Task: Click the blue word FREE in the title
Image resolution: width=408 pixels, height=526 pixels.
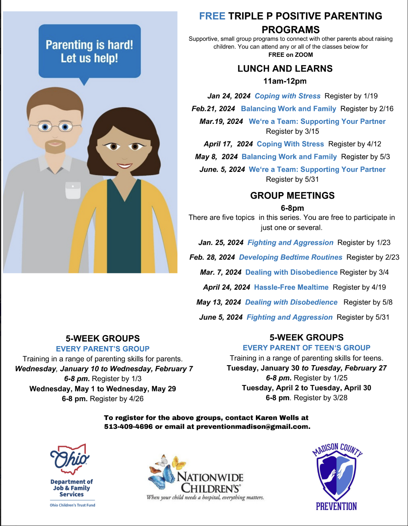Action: (212, 16)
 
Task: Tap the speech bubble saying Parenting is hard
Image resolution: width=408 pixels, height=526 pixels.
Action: (90, 51)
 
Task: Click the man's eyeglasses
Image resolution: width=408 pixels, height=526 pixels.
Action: (55, 126)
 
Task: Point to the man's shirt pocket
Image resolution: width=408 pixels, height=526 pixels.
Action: (73, 190)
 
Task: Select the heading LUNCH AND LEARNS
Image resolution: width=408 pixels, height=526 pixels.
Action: (285, 69)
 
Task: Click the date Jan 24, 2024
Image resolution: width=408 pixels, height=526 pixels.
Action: (229, 96)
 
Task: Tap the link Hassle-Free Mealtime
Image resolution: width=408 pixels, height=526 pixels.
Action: (291, 287)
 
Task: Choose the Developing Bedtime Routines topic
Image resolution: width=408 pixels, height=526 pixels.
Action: (291, 257)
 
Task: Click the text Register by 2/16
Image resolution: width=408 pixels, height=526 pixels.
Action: (367, 109)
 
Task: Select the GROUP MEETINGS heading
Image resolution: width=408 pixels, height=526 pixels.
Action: (292, 196)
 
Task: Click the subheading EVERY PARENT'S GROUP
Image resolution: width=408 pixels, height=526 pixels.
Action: (103, 349)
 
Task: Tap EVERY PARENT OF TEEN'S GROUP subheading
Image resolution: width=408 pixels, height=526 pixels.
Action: (307, 348)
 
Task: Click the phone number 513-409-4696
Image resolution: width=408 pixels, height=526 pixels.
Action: (128, 427)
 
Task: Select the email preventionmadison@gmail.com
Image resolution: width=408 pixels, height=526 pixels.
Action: (253, 427)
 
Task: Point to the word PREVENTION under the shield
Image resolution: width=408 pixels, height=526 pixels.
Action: (336, 506)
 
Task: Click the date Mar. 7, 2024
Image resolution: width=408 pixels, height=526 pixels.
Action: (220, 273)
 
